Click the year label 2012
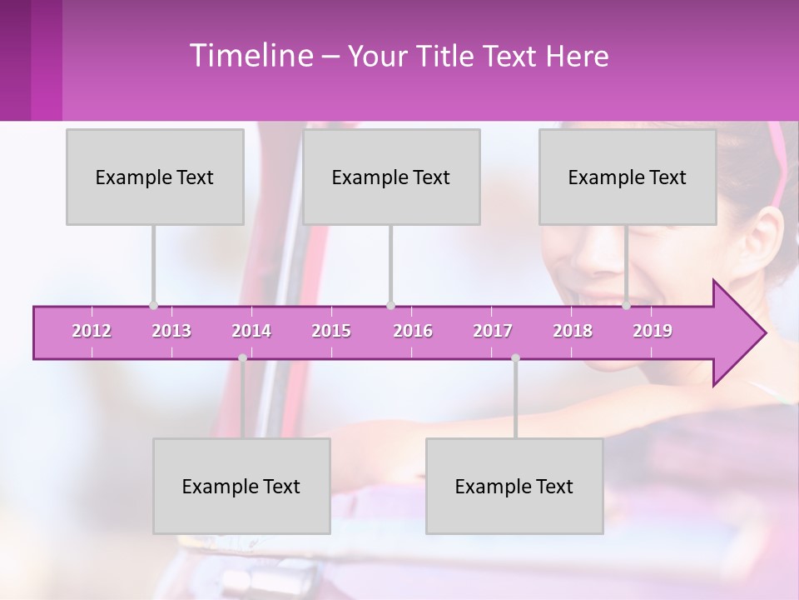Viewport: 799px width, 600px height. pos(92,331)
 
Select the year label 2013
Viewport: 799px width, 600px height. pos(171,331)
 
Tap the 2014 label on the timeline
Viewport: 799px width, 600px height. pos(251,331)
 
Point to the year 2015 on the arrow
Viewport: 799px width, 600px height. pos(331,331)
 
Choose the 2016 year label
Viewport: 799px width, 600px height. pos(413,331)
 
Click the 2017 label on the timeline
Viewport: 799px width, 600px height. pos(493,331)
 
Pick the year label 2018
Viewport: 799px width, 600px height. pos(573,331)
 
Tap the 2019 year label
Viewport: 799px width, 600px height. pos(653,331)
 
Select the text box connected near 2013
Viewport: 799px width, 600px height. pos(155,177)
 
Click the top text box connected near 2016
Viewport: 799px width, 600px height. pos(391,177)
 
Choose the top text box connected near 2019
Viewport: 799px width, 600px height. pos(628,177)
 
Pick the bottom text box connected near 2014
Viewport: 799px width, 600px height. pos(241,486)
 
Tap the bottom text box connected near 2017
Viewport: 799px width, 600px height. pos(514,486)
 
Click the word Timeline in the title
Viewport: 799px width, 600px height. pos(250,56)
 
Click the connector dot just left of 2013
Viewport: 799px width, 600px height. pos(153,305)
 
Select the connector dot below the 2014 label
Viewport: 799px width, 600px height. pos(242,357)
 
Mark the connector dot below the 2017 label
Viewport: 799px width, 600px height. pos(515,357)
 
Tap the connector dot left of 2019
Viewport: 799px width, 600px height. pos(626,305)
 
